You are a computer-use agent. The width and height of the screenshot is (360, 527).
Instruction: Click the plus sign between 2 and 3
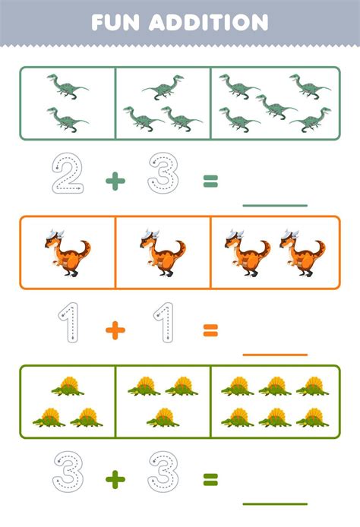[115, 180]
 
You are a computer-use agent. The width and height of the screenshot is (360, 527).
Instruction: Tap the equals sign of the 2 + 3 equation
[210, 180]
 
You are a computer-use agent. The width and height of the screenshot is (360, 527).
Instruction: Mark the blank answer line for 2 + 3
[274, 204]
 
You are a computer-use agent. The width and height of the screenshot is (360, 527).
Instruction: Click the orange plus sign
[115, 329]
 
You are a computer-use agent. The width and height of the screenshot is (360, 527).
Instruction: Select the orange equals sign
[210, 329]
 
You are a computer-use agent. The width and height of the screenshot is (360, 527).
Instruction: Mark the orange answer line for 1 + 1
[274, 353]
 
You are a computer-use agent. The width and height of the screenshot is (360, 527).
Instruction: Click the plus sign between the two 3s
[115, 478]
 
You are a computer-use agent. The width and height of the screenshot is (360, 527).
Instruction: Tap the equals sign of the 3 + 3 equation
[210, 478]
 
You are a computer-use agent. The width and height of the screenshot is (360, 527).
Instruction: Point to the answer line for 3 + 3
[274, 503]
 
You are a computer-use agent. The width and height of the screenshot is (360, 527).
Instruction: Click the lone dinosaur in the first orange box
[67, 253]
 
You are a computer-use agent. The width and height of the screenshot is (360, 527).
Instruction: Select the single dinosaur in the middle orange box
[162, 253]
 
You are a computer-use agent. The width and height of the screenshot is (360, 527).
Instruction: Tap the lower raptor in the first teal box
[67, 118]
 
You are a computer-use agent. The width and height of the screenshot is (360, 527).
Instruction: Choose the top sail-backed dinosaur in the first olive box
[68, 386]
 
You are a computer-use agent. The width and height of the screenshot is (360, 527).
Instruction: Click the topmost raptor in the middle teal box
[163, 89]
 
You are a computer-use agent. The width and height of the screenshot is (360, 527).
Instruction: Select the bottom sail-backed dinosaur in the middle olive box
[162, 416]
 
